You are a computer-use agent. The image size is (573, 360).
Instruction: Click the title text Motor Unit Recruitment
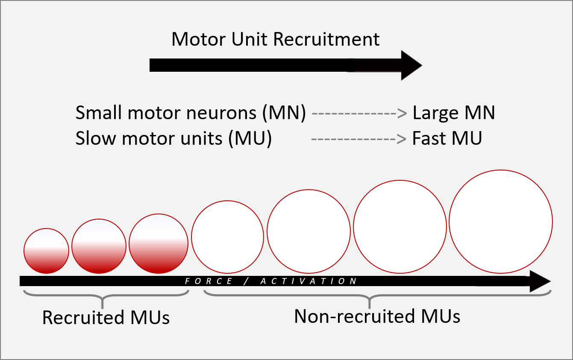coord(275,39)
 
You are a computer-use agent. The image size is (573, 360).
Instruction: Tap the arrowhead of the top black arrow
coord(410,65)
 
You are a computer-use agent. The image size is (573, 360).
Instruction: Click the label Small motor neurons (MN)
coord(191,113)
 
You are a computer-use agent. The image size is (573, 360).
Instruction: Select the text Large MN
coord(453,113)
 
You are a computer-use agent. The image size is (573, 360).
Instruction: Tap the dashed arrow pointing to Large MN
coord(359,114)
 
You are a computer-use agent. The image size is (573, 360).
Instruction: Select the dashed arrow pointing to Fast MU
coord(359,139)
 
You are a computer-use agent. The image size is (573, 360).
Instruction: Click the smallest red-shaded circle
coord(46,251)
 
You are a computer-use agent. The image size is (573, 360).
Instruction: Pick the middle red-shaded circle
coord(99,246)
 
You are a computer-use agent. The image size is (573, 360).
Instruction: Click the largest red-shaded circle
coord(159,243)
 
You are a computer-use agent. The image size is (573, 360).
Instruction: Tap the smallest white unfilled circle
coord(227,237)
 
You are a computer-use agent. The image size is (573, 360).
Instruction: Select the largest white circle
coord(501,222)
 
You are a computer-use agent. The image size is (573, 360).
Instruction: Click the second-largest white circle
coord(400,226)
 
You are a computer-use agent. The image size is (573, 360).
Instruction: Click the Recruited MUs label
coord(106,318)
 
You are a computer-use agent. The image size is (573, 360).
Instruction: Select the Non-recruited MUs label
coord(377,316)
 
